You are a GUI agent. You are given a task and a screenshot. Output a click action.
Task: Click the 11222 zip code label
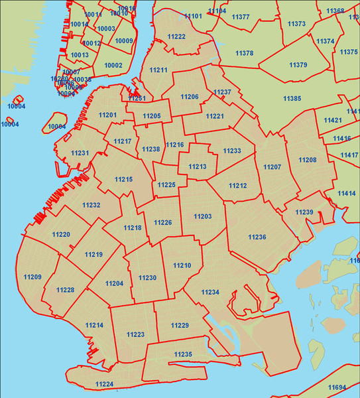(x=176, y=36)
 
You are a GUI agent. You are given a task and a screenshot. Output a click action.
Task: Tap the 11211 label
(x=158, y=70)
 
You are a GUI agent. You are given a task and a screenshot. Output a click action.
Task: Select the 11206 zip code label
(x=190, y=97)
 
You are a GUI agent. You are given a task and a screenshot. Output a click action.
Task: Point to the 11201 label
(x=107, y=115)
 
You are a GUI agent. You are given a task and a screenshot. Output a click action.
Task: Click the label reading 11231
(x=80, y=153)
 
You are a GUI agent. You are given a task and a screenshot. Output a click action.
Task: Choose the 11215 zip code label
(x=123, y=179)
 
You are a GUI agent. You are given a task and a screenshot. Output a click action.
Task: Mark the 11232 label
(x=91, y=205)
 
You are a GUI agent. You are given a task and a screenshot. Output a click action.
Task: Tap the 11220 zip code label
(x=61, y=234)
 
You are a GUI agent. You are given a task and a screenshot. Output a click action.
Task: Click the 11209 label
(x=32, y=277)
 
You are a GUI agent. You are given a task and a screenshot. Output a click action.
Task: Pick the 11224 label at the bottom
(x=104, y=384)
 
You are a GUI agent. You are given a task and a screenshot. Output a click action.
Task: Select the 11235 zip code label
(x=183, y=355)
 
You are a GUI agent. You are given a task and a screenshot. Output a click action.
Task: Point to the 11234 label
(x=210, y=292)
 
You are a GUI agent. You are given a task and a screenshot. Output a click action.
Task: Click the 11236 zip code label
(x=257, y=237)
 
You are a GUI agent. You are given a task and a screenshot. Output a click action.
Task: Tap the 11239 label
(x=304, y=212)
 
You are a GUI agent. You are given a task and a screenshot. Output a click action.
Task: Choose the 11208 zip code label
(x=308, y=160)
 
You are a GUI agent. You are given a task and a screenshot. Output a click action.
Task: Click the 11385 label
(x=292, y=98)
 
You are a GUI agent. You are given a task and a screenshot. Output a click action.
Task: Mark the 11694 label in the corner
(x=337, y=387)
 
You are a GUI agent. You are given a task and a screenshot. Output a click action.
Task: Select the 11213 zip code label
(x=198, y=166)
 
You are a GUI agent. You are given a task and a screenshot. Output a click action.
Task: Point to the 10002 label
(x=113, y=65)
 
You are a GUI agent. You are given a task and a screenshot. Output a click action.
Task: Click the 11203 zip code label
(x=203, y=216)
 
